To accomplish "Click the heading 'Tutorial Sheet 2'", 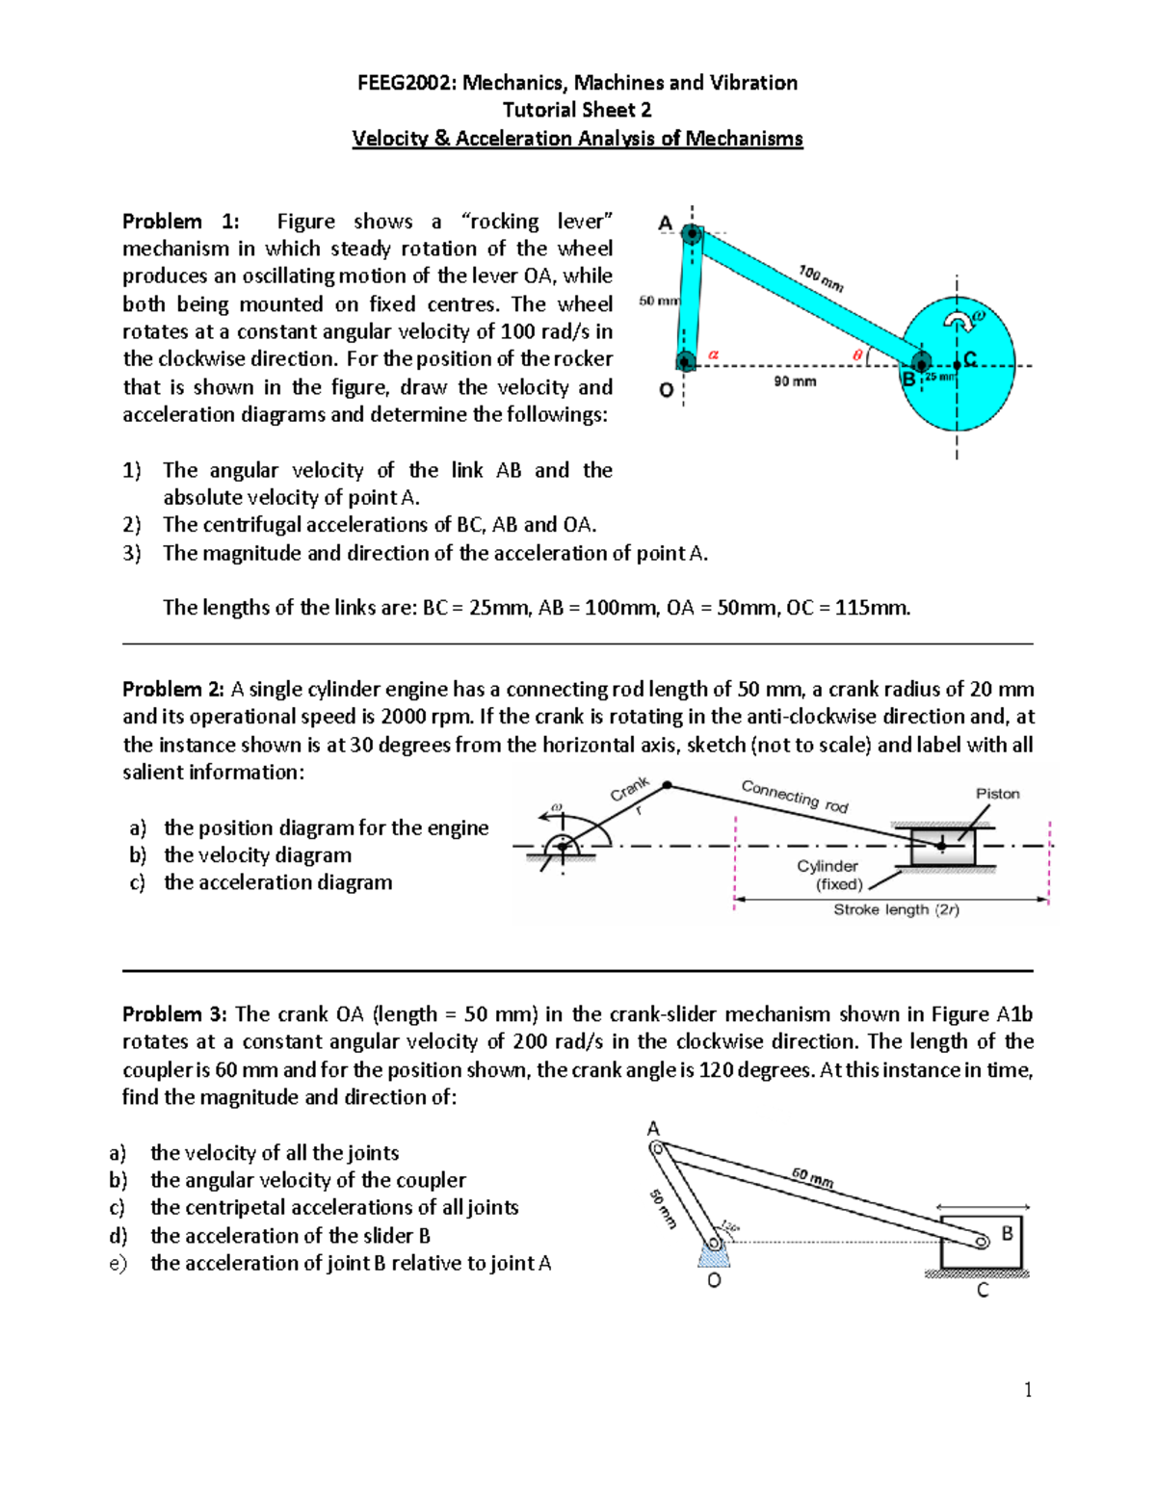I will pyautogui.click(x=577, y=110).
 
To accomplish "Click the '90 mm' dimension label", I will pyautogui.click(x=795, y=381).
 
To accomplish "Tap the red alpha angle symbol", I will pyautogui.click(x=714, y=354).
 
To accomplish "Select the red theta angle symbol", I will pyautogui.click(x=857, y=355).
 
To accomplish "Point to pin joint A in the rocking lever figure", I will pyautogui.click(x=692, y=233).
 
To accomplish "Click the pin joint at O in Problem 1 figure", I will pyautogui.click(x=685, y=362).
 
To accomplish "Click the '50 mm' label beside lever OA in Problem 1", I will pyautogui.click(x=659, y=301).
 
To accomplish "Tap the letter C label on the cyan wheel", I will pyautogui.click(x=970, y=358).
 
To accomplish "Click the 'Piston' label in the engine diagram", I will pyautogui.click(x=997, y=794).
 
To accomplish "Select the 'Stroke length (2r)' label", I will pyautogui.click(x=896, y=909).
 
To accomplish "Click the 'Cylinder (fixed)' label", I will pyautogui.click(x=828, y=875).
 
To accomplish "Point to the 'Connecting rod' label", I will pyautogui.click(x=795, y=796).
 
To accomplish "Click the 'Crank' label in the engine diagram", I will pyautogui.click(x=630, y=789).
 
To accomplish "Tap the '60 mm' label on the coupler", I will pyautogui.click(x=812, y=1177).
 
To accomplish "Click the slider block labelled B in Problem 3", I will pyautogui.click(x=981, y=1242).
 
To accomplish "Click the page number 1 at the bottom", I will pyautogui.click(x=1028, y=1389).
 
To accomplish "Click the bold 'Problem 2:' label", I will pyautogui.click(x=173, y=689).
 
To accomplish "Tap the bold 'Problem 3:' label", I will pyautogui.click(x=175, y=1014).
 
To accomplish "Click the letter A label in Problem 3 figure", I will pyautogui.click(x=653, y=1128).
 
